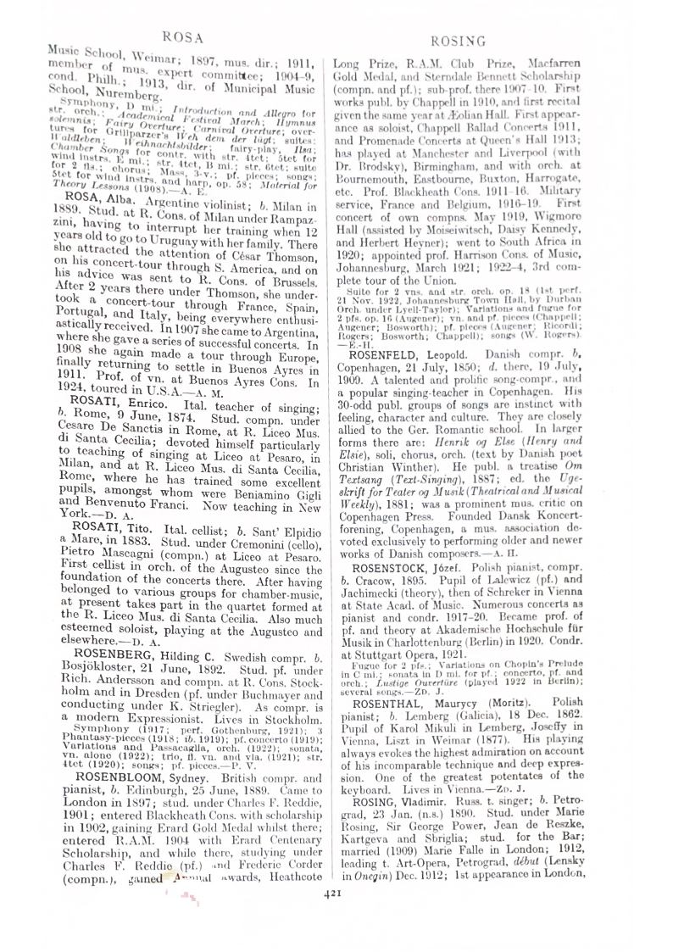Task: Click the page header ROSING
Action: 457,40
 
